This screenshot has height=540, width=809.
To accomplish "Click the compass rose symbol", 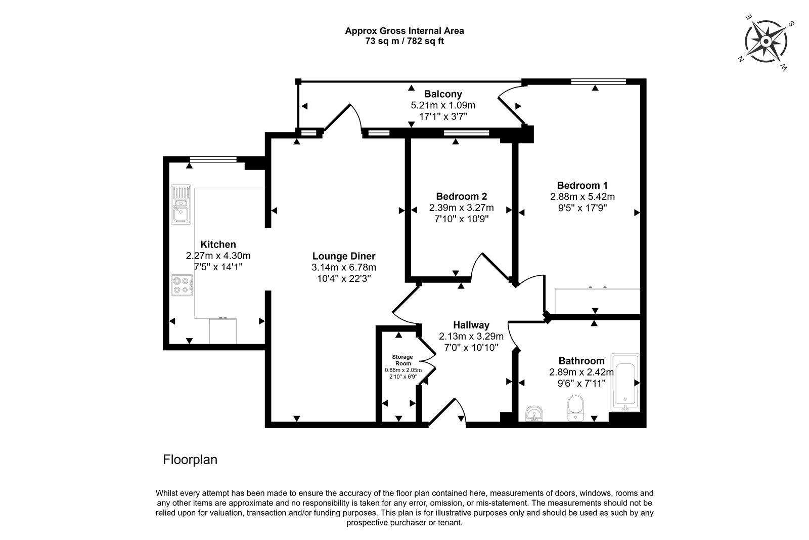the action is [766, 42].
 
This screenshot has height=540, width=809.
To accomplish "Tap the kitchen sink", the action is [181, 204].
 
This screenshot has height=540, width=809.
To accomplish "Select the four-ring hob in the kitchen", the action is [182, 285].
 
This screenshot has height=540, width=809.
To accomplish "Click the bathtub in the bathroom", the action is [625, 383].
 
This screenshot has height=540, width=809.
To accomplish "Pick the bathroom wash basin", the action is [534, 413].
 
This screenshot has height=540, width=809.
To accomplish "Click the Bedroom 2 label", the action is [462, 196].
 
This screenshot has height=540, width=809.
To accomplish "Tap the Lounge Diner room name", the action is [344, 256].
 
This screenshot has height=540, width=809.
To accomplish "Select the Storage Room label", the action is [402, 360].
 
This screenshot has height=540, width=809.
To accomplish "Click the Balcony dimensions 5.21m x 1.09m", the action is [443, 105].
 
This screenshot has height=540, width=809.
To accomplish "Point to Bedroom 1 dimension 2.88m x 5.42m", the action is [582, 197].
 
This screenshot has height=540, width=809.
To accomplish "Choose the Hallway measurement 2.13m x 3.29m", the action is [471, 336].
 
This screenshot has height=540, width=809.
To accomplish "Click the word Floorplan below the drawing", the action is [190, 460].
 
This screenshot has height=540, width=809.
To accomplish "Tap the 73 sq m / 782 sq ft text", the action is [404, 41].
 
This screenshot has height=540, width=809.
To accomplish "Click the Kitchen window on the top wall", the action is [213, 159].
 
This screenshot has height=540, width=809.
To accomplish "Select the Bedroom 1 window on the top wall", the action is [599, 81].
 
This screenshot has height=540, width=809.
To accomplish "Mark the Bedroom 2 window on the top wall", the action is [467, 133].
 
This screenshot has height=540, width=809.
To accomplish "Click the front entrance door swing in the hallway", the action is [448, 410].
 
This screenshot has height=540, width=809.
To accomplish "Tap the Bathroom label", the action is [581, 361].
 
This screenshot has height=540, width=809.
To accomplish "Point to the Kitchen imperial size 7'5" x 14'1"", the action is [218, 267].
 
